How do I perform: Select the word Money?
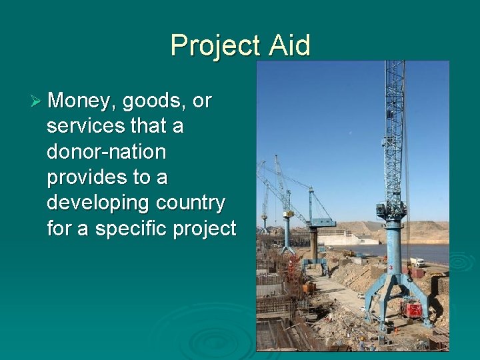coord(84,101)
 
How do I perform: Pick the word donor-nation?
coord(106,151)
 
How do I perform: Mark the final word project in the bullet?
coord(205,228)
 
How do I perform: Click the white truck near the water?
coord(417,262)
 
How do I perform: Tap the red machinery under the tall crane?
coord(414,309)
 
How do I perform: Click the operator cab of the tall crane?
coord(392,211)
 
